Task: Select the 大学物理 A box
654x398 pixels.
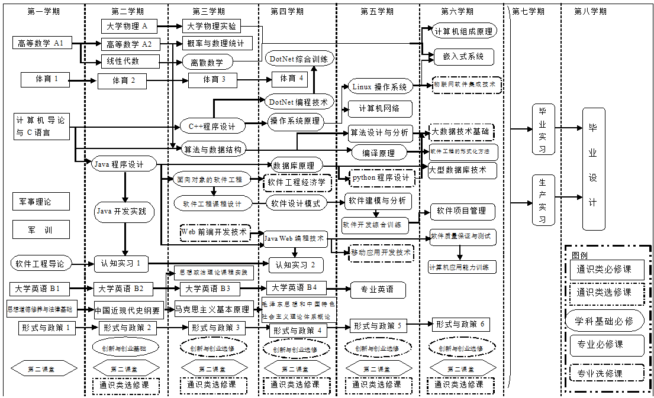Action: coord(128,26)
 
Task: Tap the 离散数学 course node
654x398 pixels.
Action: coord(207,62)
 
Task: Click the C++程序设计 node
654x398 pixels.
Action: coord(211,126)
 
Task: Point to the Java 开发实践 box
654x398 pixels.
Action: coord(124,211)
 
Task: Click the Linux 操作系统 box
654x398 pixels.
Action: coord(379,87)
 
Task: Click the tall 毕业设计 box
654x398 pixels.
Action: coord(594,169)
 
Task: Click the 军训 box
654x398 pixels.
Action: coord(41,229)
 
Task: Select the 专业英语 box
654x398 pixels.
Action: coord(376,290)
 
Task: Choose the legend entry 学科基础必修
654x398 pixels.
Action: coord(604,321)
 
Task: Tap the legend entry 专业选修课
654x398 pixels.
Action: coord(604,373)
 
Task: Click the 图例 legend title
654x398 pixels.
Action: coord(580,255)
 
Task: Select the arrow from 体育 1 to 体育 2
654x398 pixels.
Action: coord(83,80)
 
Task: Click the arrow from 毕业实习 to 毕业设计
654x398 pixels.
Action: coord(569,128)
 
